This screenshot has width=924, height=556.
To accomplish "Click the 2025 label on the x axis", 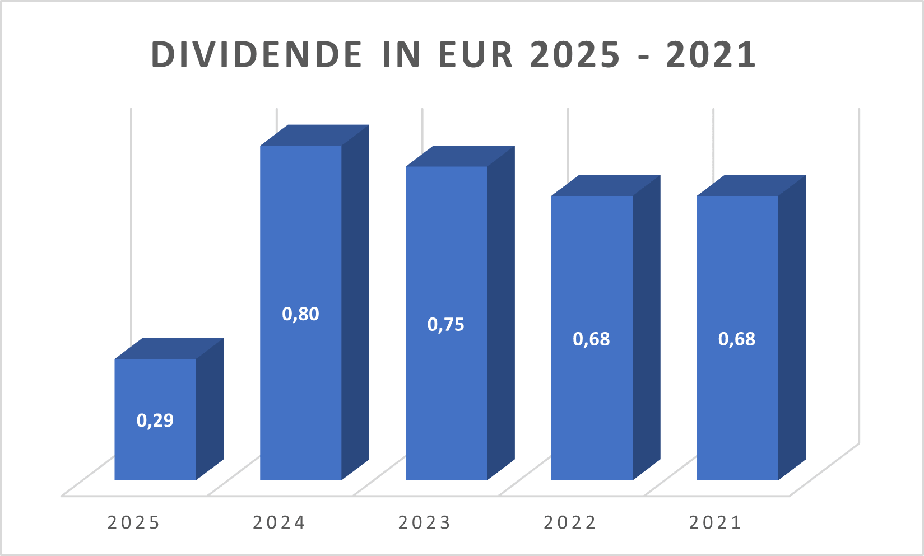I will [134, 523].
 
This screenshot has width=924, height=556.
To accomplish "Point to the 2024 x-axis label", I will [279, 523].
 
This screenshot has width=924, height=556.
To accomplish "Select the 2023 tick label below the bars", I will [425, 523].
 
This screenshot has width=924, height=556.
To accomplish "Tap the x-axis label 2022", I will [570, 523].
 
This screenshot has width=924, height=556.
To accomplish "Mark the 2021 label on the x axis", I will [716, 523].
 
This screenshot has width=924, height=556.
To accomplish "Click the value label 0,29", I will [155, 420].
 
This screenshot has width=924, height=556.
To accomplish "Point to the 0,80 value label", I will [301, 314].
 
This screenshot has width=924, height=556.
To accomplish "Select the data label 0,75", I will [446, 325].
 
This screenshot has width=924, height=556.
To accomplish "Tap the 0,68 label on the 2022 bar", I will [592, 339].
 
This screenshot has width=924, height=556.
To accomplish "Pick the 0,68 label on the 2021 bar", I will [737, 339].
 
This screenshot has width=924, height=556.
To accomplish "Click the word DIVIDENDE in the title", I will [257, 55].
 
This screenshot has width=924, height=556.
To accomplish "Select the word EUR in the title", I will [476, 55].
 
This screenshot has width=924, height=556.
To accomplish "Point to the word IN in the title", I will [402, 55].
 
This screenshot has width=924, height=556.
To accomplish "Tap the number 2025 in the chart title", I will [575, 55].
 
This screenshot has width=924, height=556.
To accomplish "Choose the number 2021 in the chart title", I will [712, 55].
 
